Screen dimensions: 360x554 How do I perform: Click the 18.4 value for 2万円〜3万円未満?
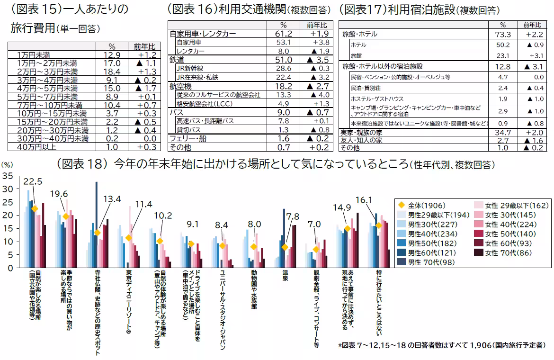coord(112,72)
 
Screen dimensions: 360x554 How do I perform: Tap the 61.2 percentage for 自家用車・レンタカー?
coord(284,34)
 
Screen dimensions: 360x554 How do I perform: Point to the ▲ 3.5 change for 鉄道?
coord(316,60)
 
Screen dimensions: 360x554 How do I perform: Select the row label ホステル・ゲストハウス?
coord(377,99)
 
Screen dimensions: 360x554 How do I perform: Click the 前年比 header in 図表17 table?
coord(533,25)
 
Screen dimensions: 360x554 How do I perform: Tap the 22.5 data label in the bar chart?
coord(33,181)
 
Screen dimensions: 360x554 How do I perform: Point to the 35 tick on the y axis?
coord(8,176)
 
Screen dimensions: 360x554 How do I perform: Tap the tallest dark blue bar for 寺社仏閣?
coord(96,208)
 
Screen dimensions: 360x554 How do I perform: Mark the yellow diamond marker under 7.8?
coord(285,247)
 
